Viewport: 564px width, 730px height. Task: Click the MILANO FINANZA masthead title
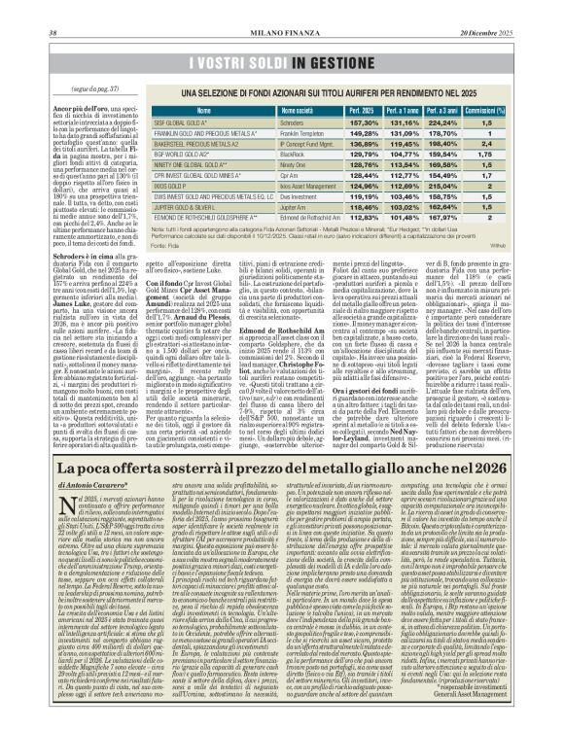282,8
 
